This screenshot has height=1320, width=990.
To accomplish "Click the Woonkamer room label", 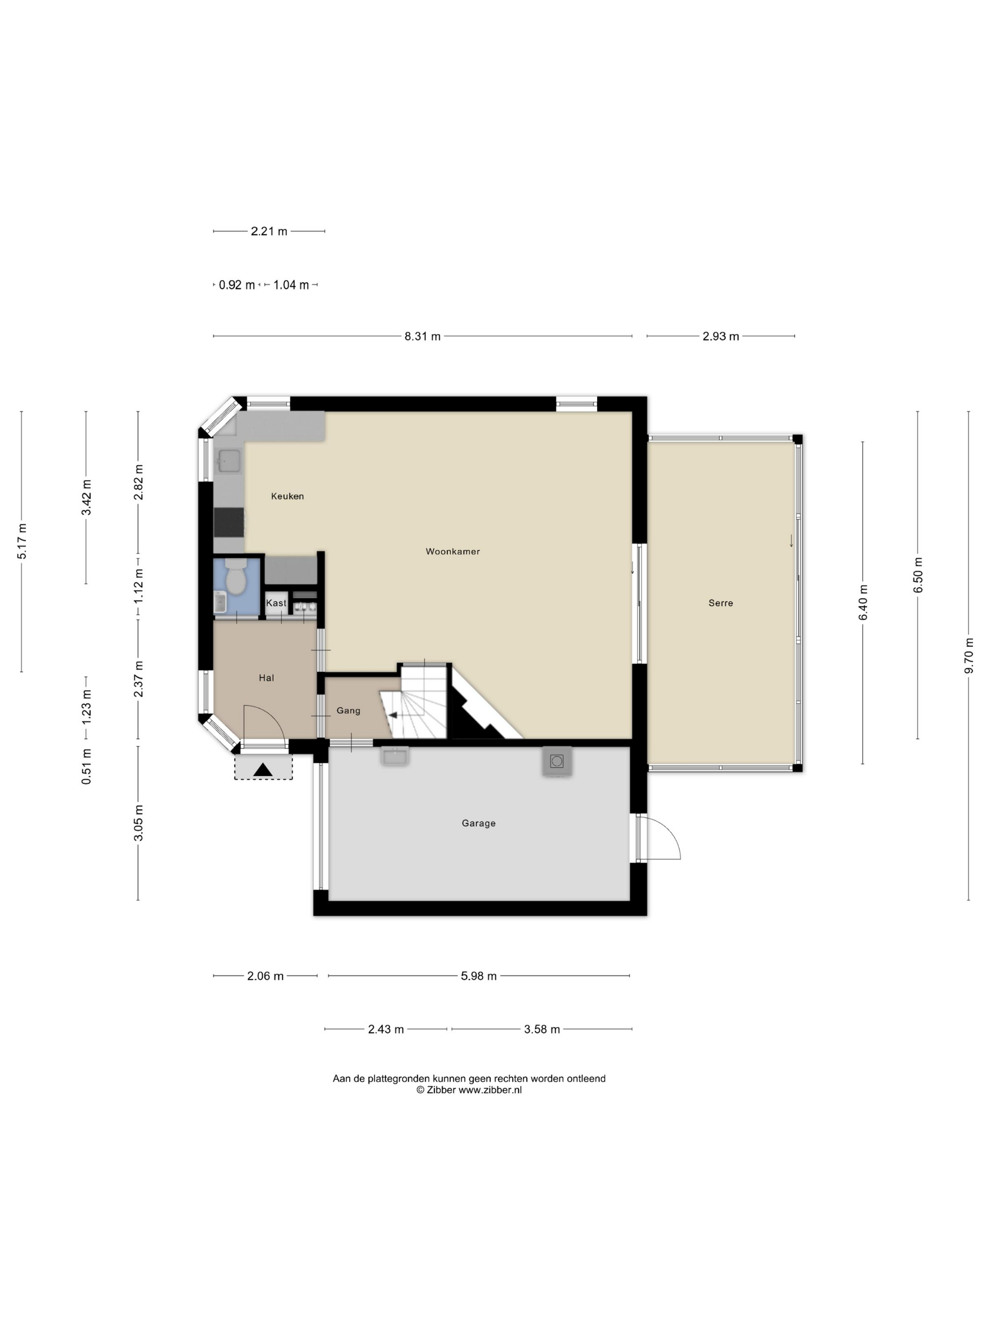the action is (452, 552).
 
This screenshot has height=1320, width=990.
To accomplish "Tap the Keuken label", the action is (287, 496).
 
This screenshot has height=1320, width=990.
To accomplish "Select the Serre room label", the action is (720, 602).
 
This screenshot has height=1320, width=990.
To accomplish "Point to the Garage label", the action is (478, 823).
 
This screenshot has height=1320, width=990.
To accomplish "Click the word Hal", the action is (266, 677).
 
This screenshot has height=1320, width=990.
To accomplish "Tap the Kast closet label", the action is (276, 602).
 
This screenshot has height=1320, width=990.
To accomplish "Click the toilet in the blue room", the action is (236, 577).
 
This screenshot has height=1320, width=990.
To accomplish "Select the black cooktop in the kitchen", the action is (229, 523).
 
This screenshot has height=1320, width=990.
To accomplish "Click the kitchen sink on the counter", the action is (229, 461).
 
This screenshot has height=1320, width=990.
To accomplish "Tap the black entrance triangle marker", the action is (263, 770).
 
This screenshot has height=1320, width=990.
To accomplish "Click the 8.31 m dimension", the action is (422, 336).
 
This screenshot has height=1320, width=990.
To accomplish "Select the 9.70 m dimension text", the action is (968, 656).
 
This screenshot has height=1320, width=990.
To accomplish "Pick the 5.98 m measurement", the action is (478, 976).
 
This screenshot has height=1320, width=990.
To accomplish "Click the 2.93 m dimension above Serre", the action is (720, 336).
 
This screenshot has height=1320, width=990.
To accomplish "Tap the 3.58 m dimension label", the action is (542, 1029).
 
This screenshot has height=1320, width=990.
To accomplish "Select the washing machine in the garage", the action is (557, 761).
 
